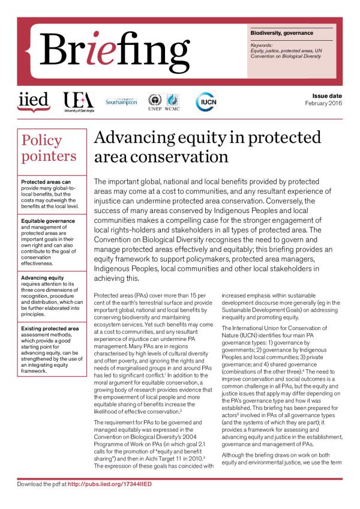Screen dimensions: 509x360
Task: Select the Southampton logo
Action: (x=121, y=101)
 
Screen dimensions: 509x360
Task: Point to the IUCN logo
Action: (x=206, y=101)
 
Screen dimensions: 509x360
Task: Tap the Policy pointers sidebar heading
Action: (x=49, y=148)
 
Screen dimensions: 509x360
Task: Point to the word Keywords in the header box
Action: (x=262, y=44)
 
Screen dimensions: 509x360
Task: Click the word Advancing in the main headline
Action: (x=134, y=137)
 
